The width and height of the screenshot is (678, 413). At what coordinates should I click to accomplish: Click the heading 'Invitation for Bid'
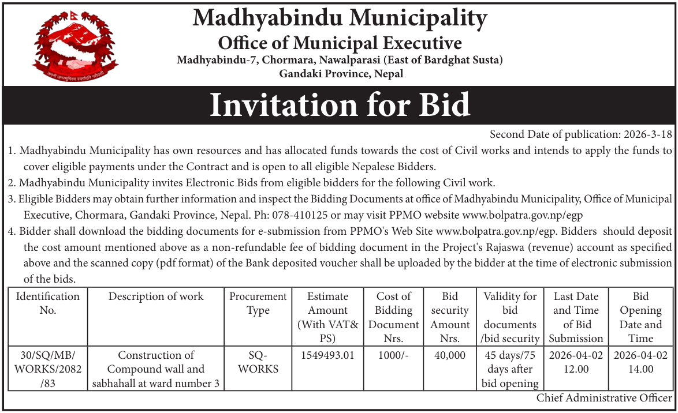pyautogui.click(x=340, y=106)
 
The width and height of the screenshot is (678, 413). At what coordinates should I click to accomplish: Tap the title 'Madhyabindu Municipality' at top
pyautogui.click(x=340, y=18)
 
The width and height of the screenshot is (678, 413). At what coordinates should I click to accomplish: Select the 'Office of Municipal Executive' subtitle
pyautogui.click(x=340, y=43)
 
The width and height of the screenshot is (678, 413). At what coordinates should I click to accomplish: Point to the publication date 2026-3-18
pyautogui.click(x=648, y=134)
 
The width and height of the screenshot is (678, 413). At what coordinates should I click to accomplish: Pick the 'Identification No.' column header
pyautogui.click(x=48, y=303)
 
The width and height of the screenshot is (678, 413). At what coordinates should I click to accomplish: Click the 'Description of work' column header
pyautogui.click(x=156, y=296)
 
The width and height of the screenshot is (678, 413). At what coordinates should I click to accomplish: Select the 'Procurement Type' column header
pyautogui.click(x=258, y=303)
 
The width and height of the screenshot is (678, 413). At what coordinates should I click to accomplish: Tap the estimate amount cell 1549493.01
pyautogui.click(x=327, y=355)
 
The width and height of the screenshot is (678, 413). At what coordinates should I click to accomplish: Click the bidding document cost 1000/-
pyautogui.click(x=393, y=355)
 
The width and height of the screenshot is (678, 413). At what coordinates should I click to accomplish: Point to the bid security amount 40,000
pyautogui.click(x=450, y=355)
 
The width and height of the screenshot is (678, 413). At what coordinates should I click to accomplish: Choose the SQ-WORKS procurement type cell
pyautogui.click(x=258, y=362)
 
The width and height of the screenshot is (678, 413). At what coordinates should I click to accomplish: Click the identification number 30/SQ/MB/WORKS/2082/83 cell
pyautogui.click(x=48, y=369)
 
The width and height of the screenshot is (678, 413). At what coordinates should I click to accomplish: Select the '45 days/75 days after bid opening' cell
pyautogui.click(x=511, y=369)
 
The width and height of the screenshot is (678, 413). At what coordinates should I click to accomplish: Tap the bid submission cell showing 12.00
pyautogui.click(x=575, y=362)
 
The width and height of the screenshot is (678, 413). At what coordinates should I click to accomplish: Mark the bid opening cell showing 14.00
pyautogui.click(x=640, y=362)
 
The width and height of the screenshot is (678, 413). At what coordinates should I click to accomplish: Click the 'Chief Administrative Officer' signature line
pyautogui.click(x=604, y=398)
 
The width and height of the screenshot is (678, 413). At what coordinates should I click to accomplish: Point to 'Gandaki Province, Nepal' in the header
pyautogui.click(x=341, y=73)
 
